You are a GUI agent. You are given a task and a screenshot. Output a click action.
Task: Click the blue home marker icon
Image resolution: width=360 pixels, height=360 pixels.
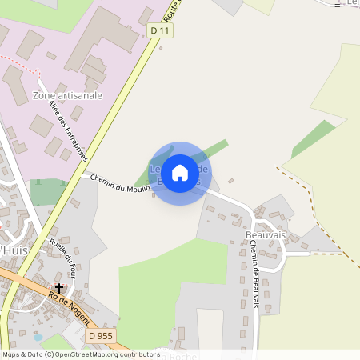pos(180,173)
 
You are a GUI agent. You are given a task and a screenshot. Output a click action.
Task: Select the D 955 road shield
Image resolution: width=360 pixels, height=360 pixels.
pos(100,335)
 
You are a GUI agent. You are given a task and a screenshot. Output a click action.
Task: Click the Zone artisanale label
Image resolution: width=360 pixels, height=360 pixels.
pos(68,95)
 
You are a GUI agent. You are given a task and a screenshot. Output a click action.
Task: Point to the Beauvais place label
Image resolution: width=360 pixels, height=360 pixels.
pos(266,235)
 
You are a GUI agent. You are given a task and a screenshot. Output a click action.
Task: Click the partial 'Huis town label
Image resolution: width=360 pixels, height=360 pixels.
pos(12,250)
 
